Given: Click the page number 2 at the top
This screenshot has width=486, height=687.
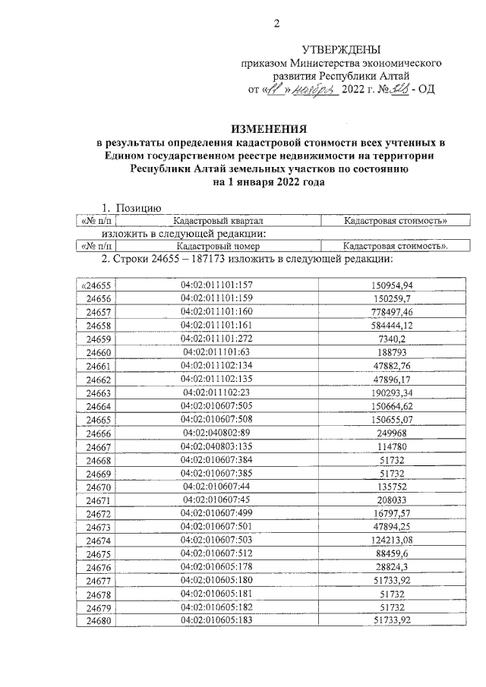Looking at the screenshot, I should tap(277, 23).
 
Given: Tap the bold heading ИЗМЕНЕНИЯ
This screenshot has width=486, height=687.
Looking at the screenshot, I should tap(270, 128).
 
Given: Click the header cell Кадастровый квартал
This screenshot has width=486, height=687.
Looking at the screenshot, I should tap(216, 220).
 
